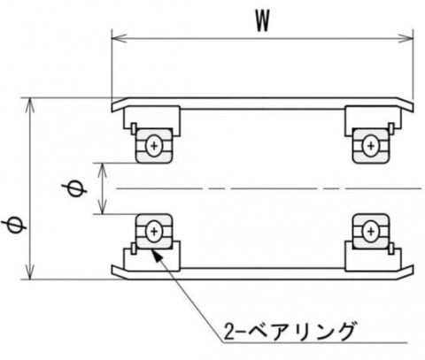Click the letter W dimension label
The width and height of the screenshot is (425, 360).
point(262,21)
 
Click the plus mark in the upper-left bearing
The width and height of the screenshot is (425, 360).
point(154,146)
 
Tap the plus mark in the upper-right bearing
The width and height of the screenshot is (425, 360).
point(371,146)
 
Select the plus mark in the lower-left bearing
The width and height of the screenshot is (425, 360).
point(154,232)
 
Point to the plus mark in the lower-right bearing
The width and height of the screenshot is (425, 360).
point(371,232)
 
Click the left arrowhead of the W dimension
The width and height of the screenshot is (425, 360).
point(119,38)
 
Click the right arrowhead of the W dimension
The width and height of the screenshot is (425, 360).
point(406,38)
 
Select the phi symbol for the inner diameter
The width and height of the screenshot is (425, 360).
point(74,188)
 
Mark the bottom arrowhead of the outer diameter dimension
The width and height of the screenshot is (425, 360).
point(29,272)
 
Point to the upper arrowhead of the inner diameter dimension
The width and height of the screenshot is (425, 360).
point(102,170)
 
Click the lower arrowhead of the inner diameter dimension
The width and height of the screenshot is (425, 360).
point(102,207)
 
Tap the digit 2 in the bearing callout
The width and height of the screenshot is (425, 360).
point(229,332)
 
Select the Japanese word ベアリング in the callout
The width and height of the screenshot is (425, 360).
point(300,331)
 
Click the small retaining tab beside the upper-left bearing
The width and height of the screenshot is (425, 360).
point(134,128)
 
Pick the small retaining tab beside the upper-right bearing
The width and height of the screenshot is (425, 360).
point(391,128)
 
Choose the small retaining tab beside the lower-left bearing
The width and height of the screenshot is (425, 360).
point(134,249)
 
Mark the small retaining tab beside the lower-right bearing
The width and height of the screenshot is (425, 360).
point(391,249)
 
